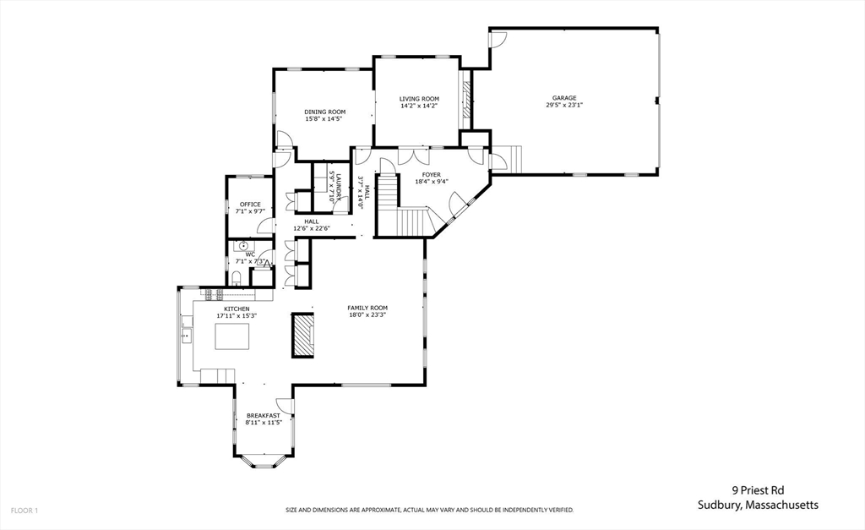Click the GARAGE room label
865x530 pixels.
coord(564,98)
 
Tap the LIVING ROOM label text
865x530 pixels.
coord(419,99)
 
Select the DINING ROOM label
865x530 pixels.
coord(325,112)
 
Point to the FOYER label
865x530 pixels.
coord(432,175)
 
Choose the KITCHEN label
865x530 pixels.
coord(237,309)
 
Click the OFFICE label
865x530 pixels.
coord(250,205)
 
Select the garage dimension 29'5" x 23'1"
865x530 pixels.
coord(564,106)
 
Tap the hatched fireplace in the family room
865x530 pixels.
coord(302,335)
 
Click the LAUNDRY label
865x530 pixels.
coord(338,184)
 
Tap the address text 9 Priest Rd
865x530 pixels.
coord(758,489)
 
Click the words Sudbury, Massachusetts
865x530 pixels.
coord(758,505)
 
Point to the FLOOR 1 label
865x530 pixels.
coord(24,511)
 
